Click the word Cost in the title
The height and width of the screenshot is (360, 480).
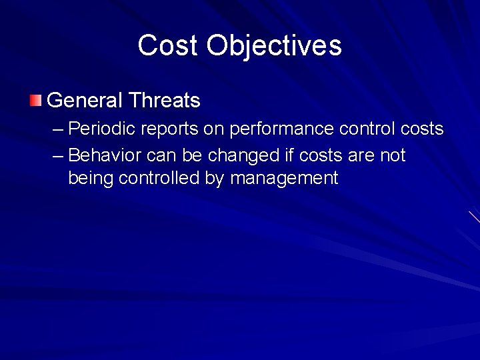point(169,45)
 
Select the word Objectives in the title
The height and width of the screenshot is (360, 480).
point(274,45)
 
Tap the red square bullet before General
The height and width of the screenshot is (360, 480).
point(35,101)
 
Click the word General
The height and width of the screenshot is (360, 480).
point(85,101)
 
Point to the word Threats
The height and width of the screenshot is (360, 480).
point(165,101)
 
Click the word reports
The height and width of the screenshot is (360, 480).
point(168,128)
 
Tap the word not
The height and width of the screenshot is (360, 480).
point(393,156)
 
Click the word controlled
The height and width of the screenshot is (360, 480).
point(159,179)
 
